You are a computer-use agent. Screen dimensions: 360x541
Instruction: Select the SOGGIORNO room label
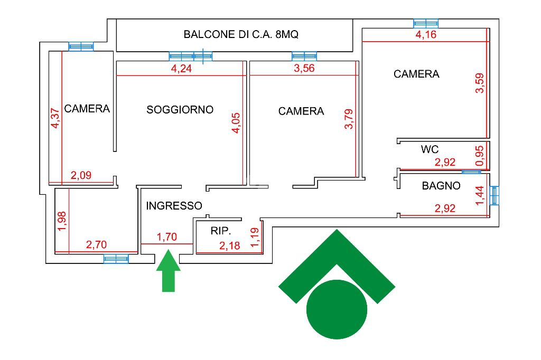point(180,110)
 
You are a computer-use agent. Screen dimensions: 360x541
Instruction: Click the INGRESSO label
point(174,206)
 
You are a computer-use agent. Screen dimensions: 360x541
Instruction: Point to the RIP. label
point(221,231)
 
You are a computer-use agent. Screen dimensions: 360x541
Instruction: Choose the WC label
point(430,149)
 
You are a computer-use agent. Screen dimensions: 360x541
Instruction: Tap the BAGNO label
point(441,186)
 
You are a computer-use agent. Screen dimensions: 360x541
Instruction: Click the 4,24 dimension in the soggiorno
point(181,69)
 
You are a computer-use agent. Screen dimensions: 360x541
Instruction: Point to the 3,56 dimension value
point(304,69)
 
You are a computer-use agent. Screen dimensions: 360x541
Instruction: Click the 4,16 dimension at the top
point(426,35)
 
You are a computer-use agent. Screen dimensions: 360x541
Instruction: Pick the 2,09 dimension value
point(81,176)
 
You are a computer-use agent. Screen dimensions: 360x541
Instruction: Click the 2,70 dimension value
point(96,244)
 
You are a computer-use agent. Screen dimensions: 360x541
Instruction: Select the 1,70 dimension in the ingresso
point(167,237)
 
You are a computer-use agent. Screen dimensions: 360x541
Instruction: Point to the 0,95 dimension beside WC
point(480,156)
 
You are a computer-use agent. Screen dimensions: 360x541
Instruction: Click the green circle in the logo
point(337,309)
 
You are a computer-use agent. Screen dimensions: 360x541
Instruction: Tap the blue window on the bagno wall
point(495,195)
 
